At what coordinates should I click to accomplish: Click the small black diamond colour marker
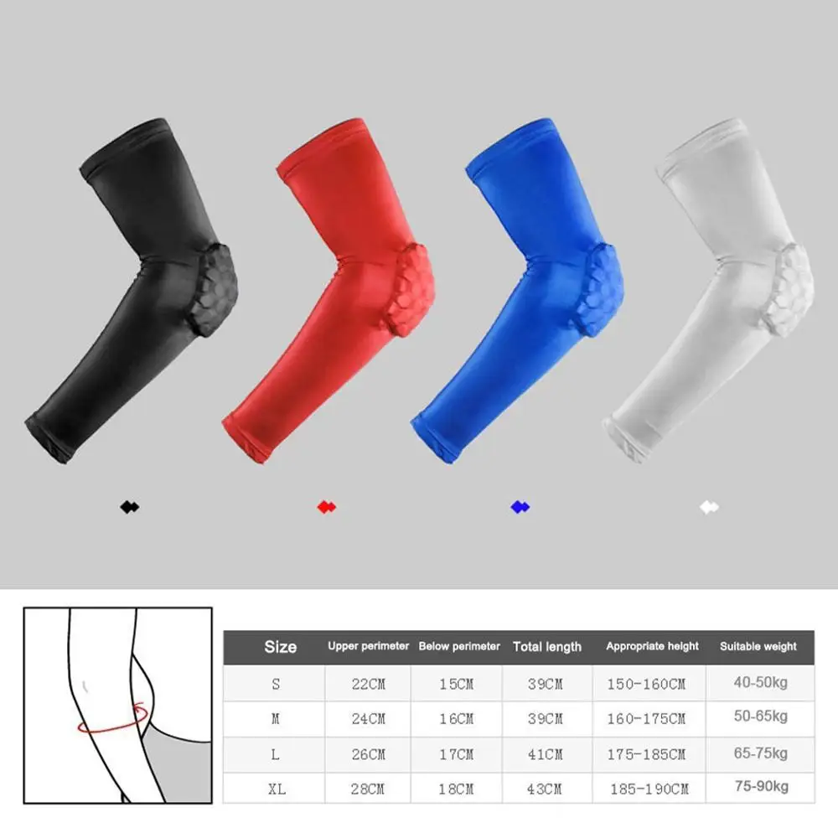(129, 507)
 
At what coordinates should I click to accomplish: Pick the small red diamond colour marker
(327, 507)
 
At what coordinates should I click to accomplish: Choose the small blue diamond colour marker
(520, 507)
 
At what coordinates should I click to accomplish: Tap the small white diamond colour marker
(710, 507)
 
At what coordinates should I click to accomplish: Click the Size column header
(280, 646)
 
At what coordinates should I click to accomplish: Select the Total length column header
(546, 646)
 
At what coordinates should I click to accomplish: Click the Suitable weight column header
(758, 646)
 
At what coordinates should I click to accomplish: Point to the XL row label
(276, 789)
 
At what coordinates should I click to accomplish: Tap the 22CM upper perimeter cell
(369, 684)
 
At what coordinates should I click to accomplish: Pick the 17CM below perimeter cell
(457, 754)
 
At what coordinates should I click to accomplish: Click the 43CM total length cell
(546, 789)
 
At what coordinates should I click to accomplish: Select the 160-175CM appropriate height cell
(646, 719)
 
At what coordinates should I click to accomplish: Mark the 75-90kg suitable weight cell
(760, 788)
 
